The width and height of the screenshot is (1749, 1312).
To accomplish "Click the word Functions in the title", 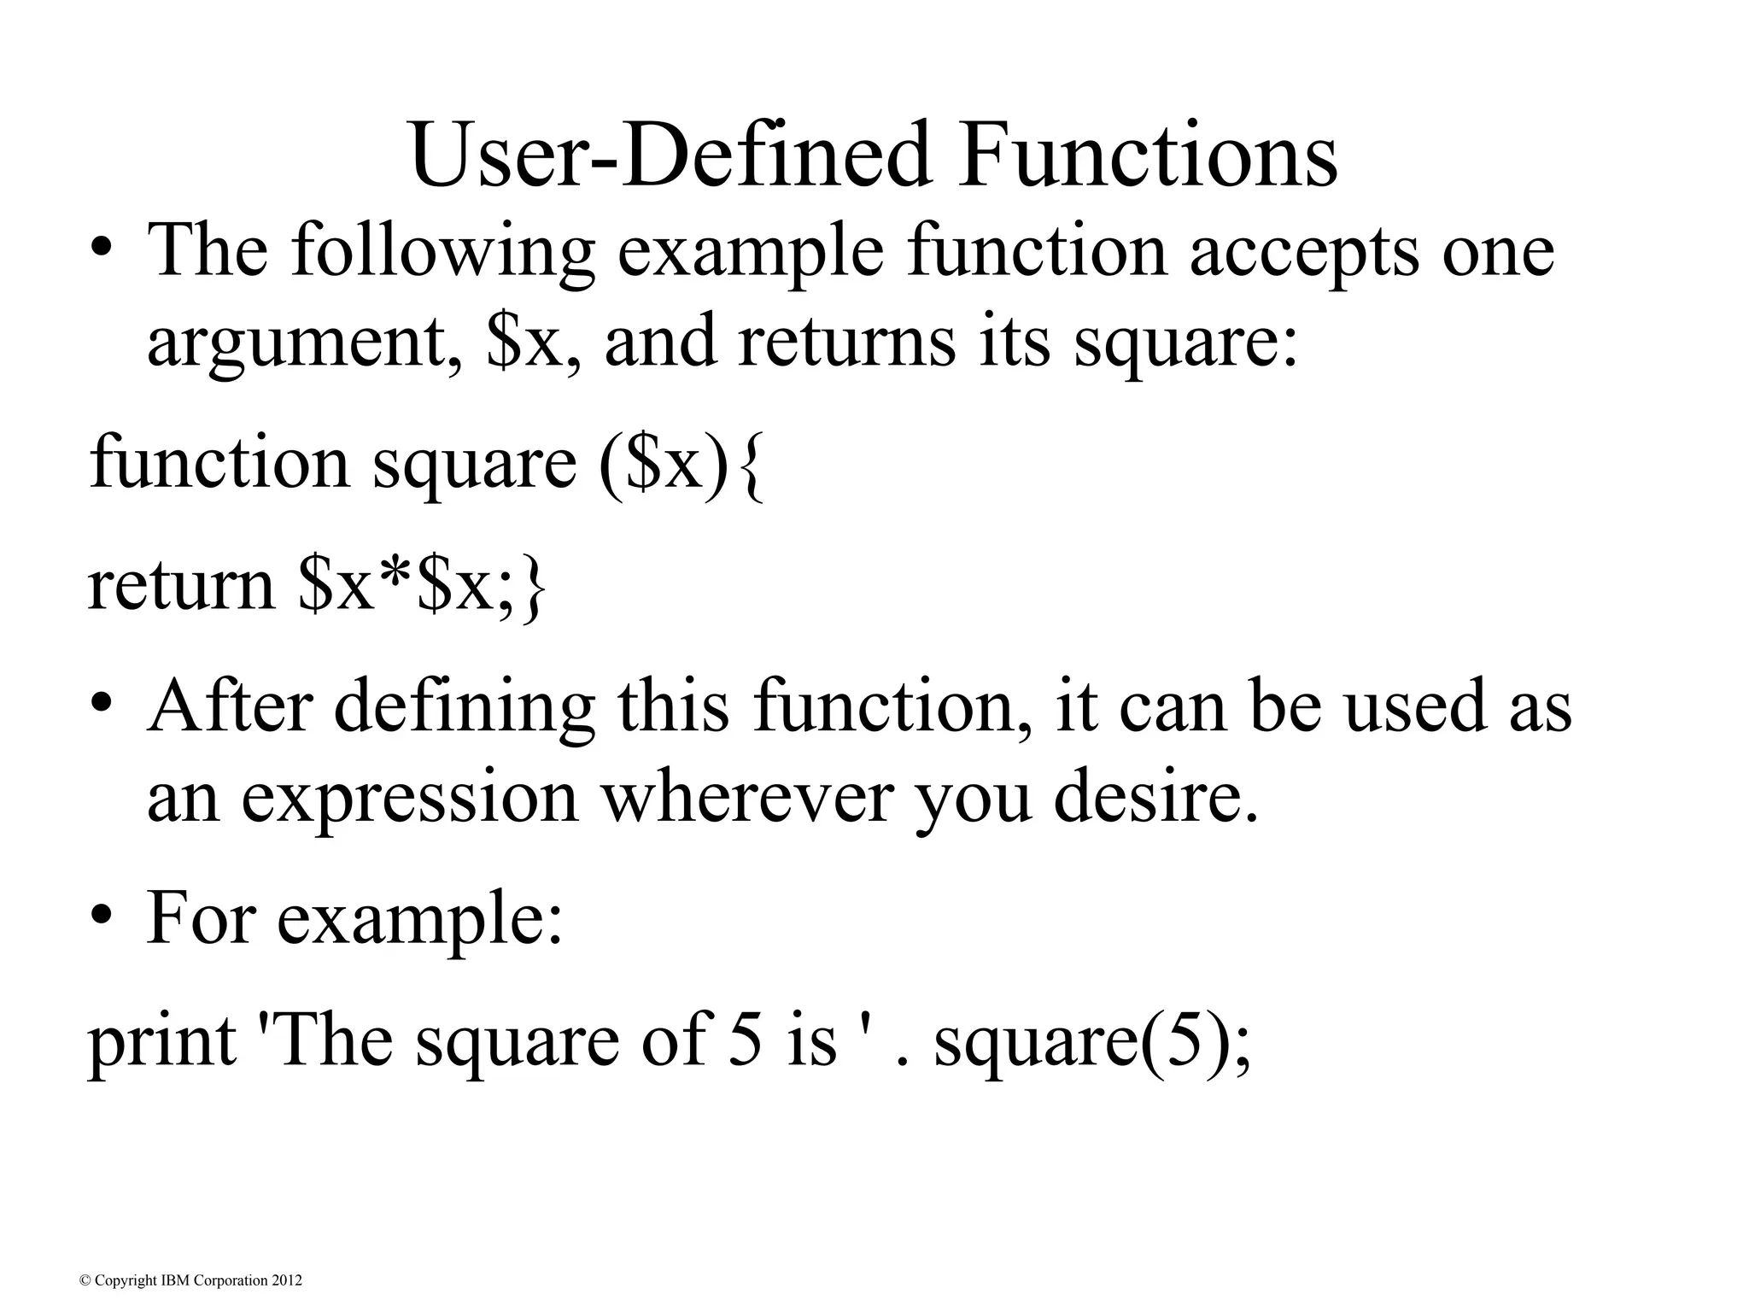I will coord(1147,155).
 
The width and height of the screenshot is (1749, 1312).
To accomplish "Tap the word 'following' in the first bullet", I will coord(442,252).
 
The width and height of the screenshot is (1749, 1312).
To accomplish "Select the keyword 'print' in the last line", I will coord(161,1044).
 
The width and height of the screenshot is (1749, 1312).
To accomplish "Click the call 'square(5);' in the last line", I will coord(1092,1044).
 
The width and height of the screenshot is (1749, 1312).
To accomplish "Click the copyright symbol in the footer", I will coord(84,1280).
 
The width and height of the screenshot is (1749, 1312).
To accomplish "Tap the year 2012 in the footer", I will coord(286,1280).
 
